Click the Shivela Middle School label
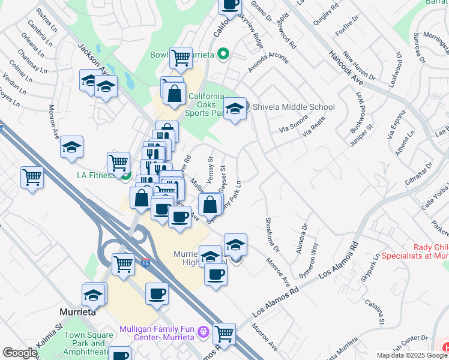pyautogui.click(x=294, y=107)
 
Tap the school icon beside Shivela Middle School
pyautogui.click(x=235, y=108)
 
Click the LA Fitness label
pyautogui.click(x=95, y=176)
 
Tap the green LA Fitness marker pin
pyautogui.click(x=125, y=175)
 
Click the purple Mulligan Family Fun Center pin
pyautogui.click(x=204, y=331)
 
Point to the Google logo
pyautogui.click(x=20, y=353)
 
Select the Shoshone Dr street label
pyautogui.click(x=272, y=234)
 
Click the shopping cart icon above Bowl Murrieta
pyautogui.click(x=181, y=58)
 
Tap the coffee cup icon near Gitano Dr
pyautogui.click(x=230, y=5)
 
